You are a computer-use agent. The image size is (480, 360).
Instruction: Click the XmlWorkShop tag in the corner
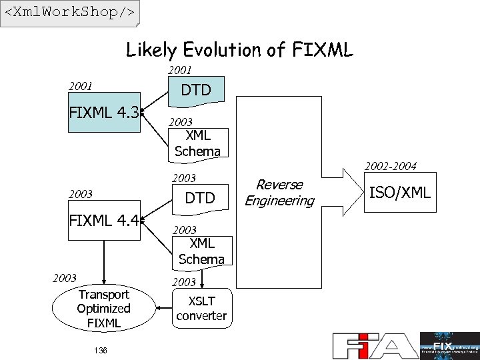point(70,13)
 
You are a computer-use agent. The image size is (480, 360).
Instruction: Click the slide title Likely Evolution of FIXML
point(239,50)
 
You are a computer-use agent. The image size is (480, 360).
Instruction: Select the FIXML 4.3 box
point(104,112)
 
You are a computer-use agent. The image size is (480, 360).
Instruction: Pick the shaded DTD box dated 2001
point(197,90)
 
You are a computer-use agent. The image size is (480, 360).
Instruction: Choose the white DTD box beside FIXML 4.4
point(200,197)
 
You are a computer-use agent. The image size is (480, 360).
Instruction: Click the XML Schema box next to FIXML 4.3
point(197,143)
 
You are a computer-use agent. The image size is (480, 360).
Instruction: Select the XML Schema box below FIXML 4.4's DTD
point(201,251)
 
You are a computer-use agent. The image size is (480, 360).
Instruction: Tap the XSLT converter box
point(201,308)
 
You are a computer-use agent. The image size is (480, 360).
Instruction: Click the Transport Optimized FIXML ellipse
point(103,309)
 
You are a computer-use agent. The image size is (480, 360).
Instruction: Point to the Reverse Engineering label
point(279,193)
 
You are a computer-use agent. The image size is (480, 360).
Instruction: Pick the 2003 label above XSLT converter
point(183,282)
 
